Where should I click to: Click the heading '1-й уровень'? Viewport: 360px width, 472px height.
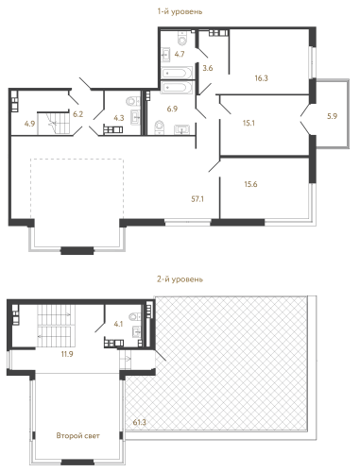coord(180,10)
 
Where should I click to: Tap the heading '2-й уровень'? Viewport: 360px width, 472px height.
coord(180,280)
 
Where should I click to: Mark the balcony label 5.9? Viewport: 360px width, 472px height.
coord(330,116)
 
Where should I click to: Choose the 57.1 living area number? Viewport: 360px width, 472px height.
coord(198,200)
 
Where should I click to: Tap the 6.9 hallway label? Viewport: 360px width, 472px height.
coord(173,110)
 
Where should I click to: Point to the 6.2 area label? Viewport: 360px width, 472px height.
coord(78,112)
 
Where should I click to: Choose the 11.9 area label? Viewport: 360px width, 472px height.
coord(65,355)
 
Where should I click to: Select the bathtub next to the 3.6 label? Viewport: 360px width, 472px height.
coord(176,87)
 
